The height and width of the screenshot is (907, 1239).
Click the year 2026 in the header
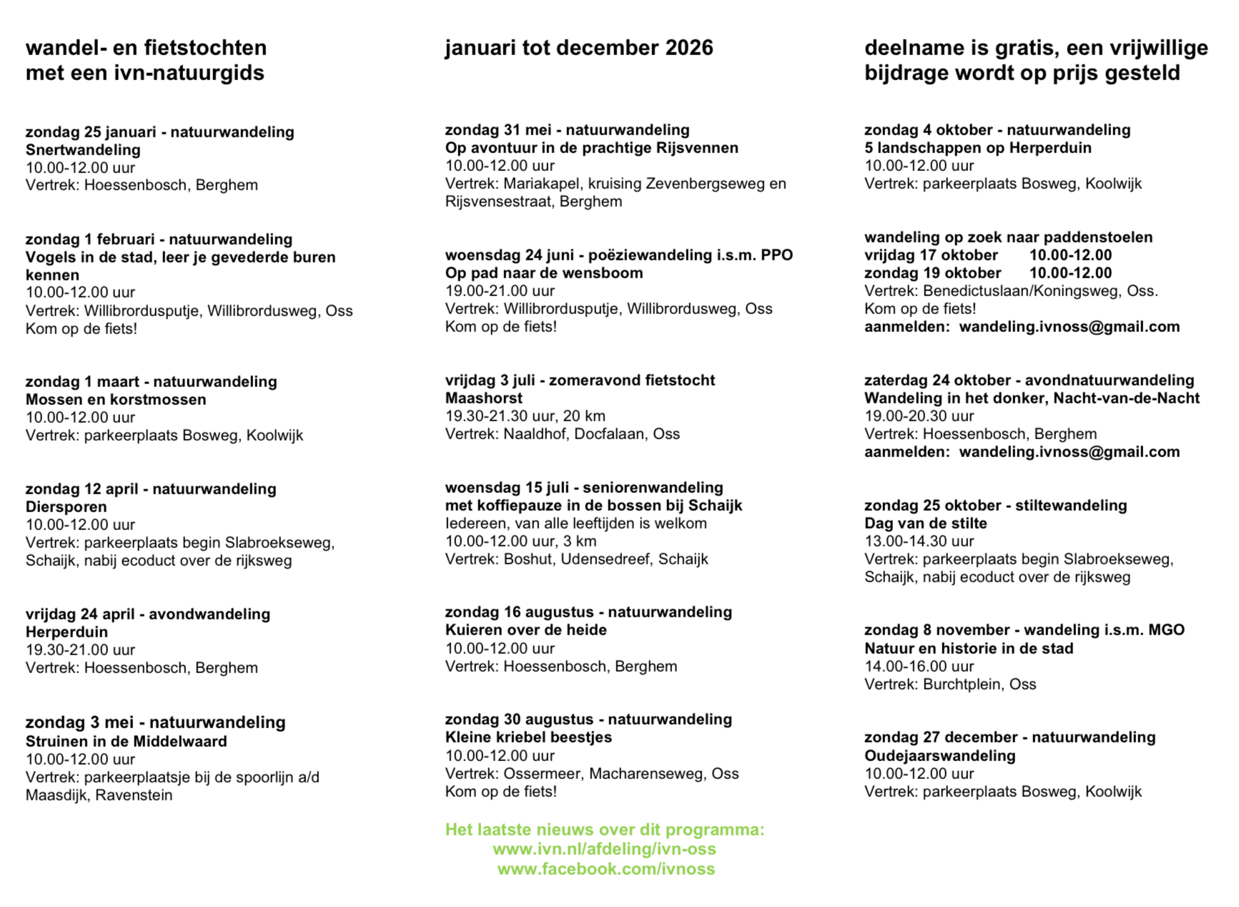[689, 48]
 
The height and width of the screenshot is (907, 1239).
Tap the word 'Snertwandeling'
[83, 150]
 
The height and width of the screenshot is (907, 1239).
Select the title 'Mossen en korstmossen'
[116, 400]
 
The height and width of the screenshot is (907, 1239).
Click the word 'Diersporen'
[66, 507]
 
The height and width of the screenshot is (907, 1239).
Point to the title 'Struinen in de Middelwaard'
[126, 742]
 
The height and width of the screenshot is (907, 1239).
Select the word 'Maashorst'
[483, 398]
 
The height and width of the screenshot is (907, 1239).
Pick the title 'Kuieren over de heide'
[525, 630]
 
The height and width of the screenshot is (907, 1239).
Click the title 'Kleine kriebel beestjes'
[528, 737]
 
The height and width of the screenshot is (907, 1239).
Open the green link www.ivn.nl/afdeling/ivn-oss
[604, 849]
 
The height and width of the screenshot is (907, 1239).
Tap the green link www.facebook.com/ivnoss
[606, 869]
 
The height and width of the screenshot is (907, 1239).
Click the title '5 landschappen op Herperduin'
[977, 148]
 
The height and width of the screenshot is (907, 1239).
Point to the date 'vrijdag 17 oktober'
[931, 255]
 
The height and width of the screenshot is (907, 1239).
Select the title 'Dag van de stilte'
[925, 524]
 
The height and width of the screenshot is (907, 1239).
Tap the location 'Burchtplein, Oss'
[979, 685]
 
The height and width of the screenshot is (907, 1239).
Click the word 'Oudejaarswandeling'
[939, 756]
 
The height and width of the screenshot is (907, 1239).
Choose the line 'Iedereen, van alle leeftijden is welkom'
[576, 524]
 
